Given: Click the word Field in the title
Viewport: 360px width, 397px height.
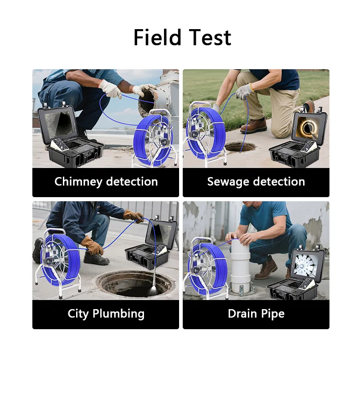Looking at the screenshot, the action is click(x=157, y=37).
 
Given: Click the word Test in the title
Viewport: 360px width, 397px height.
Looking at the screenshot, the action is click(x=210, y=37).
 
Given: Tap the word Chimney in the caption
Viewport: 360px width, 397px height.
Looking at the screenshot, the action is click(x=78, y=182).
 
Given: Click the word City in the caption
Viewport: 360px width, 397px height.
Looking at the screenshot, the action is click(x=78, y=314).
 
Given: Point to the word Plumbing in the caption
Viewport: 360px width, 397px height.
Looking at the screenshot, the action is click(x=118, y=314).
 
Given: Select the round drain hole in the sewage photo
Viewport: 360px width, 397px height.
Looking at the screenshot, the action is click(x=240, y=147).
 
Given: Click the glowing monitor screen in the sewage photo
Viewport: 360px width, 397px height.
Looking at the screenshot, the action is click(x=308, y=128).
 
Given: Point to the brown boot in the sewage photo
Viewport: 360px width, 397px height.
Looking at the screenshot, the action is click(x=254, y=126).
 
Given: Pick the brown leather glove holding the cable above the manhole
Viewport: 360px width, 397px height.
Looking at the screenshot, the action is click(x=133, y=216).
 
